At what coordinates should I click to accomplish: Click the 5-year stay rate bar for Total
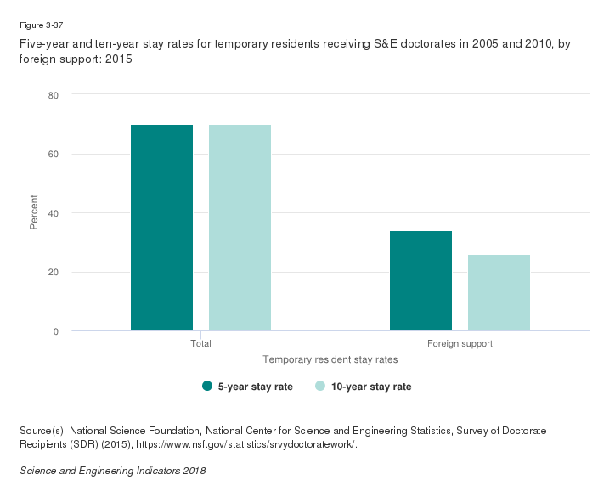161,228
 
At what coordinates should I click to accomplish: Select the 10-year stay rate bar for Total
240,228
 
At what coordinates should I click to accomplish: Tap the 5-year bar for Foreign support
420,280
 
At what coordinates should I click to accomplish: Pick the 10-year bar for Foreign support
499,292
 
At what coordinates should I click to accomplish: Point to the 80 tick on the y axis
53,95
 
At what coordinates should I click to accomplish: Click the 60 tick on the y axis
53,154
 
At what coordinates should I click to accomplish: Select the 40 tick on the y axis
53,213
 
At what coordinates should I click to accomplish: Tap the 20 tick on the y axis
53,272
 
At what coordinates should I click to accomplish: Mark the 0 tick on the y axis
55,331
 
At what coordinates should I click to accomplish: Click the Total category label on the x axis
200,344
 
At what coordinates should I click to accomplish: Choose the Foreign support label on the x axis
460,344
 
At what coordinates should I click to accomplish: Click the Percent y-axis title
35,212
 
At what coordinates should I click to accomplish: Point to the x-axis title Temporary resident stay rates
330,360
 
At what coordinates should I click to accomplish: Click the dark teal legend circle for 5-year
207,387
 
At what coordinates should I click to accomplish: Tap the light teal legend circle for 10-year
320,387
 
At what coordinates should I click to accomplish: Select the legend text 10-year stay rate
371,387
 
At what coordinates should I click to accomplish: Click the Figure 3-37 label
35,25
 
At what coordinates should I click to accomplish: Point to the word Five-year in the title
40,45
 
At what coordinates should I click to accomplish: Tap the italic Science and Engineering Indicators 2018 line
112,470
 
